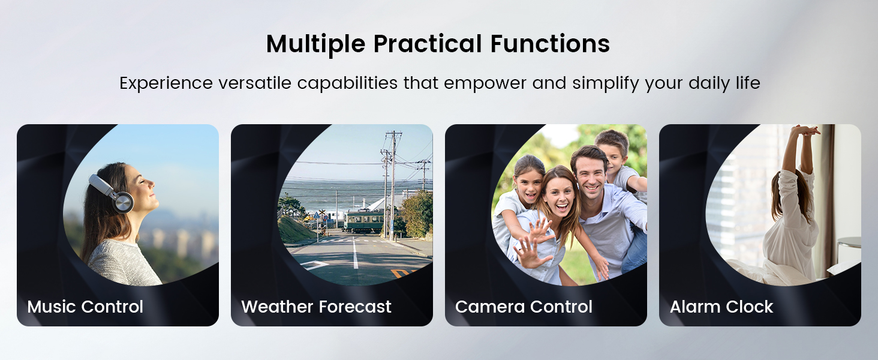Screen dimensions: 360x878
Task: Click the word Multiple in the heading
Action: click(315, 44)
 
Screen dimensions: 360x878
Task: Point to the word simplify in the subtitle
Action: click(606, 83)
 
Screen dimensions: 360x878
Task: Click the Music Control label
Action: click(85, 307)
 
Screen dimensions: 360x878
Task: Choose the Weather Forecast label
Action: click(316, 307)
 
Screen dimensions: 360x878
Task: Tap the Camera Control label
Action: click(524, 307)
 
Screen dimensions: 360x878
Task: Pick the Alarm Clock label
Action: click(721, 307)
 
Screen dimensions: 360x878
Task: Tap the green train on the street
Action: click(363, 221)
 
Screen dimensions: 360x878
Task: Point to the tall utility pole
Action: click(393, 180)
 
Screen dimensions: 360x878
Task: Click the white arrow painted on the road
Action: click(315, 264)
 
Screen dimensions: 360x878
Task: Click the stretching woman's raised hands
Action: click(805, 131)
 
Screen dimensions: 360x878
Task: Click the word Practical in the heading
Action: click(427, 44)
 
